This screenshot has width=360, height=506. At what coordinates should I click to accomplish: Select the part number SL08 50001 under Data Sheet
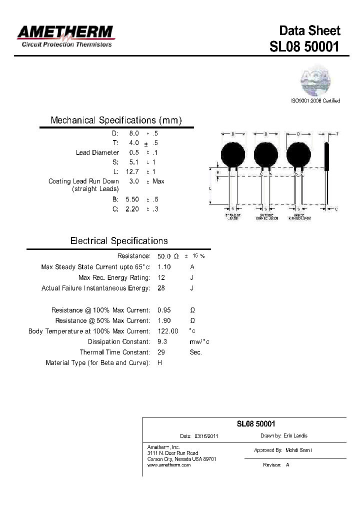click(x=304, y=46)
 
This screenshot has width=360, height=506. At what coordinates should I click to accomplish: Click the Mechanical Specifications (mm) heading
click(x=116, y=120)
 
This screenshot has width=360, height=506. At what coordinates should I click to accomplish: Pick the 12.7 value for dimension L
click(x=132, y=171)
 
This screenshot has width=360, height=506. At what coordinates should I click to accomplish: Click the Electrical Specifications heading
click(x=119, y=241)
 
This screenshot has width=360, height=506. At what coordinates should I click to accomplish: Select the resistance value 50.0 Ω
click(x=168, y=256)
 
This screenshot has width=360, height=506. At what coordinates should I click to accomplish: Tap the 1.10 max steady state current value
click(x=164, y=267)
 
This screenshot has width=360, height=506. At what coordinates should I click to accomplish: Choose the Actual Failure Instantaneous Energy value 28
click(x=161, y=288)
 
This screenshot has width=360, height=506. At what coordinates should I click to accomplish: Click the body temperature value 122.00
click(x=167, y=331)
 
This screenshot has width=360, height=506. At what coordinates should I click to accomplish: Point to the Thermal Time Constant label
click(x=115, y=352)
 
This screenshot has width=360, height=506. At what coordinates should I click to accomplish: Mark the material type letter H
click(x=160, y=362)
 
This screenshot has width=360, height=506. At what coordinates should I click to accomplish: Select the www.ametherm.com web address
click(x=169, y=465)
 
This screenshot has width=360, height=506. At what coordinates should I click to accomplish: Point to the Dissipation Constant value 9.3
click(x=162, y=341)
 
